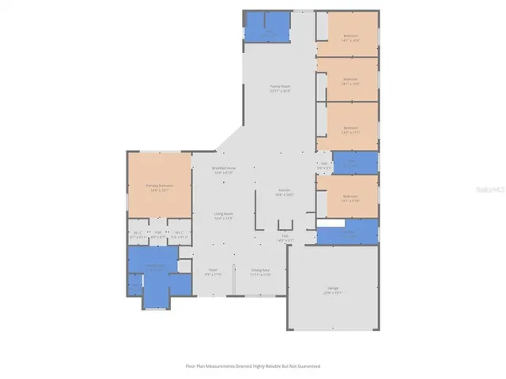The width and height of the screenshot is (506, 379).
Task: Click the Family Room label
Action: [280, 87]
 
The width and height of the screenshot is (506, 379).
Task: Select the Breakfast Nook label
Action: [223, 167]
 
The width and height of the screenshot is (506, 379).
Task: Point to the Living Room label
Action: [223, 213]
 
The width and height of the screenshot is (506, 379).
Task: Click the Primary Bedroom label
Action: [159, 186]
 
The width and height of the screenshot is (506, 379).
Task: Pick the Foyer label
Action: [213, 270]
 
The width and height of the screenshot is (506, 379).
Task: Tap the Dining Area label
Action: [261, 270]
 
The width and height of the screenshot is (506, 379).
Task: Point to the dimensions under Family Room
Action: [280, 92]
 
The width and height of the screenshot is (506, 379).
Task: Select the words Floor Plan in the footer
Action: [194, 366]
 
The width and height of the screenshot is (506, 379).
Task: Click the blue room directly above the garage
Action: [348, 236]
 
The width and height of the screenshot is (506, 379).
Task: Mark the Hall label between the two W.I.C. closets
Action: [158, 232]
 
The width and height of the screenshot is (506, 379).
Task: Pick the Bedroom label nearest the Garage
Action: [349, 196]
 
